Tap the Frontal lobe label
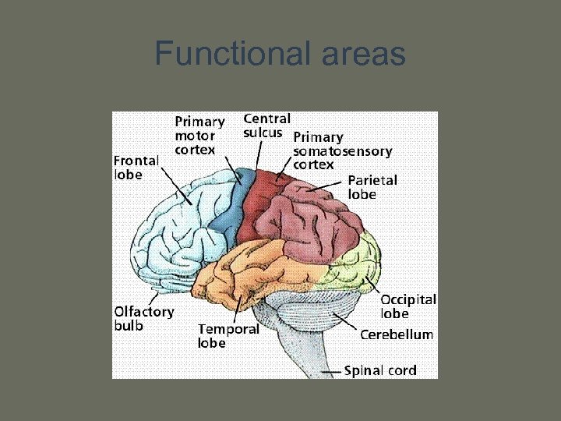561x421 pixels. click(x=136, y=167)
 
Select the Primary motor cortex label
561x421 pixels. click(x=199, y=135)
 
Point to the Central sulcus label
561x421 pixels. click(x=267, y=126)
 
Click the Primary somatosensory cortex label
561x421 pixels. click(x=341, y=151)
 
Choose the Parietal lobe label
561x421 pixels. click(x=372, y=187)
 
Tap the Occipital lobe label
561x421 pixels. click(x=408, y=306)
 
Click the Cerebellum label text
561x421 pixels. click(x=397, y=334)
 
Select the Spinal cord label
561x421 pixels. click(x=380, y=370)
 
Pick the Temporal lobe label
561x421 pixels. click(x=228, y=336)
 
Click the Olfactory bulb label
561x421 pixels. click(x=143, y=318)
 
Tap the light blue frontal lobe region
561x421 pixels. click(x=183, y=226)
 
